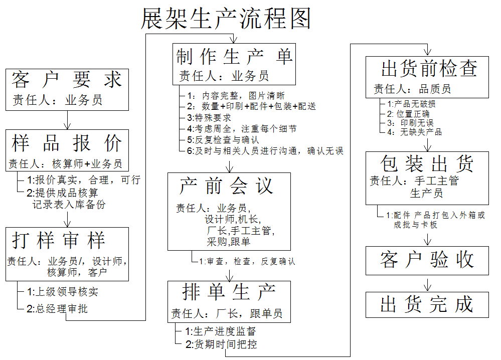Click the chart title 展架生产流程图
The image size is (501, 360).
coord(226,19)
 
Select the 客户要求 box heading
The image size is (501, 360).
coord(67,79)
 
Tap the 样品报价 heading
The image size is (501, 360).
coord(67,143)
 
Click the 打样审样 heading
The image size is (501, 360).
coord(59,240)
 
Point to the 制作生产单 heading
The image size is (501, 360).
coord(234,57)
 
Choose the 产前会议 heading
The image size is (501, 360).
coord(226,186)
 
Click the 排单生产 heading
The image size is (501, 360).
coord(229,292)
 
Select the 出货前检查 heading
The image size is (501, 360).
coord(429,68)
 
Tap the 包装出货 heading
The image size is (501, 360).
coord(427,163)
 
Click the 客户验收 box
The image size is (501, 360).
coord(427,261)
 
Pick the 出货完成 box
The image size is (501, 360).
coord(427,305)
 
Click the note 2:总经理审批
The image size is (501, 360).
coord(57,308)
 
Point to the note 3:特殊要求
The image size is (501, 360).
coord(209,117)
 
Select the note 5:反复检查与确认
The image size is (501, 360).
coord(223,140)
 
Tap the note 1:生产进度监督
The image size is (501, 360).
coord(221,331)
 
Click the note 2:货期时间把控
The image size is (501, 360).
coord(221,344)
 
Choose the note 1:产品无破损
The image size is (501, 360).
coord(411,104)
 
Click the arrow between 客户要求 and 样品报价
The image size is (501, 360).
coord(67,120)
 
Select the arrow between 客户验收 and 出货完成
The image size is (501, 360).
coord(427,284)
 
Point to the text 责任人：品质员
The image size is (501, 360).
coord(412,89)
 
